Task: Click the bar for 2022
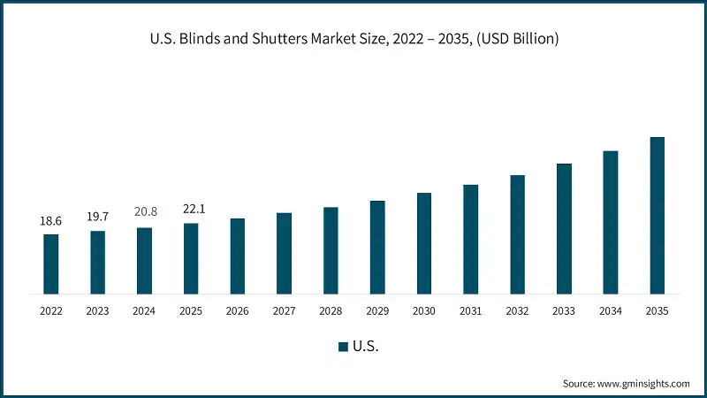(51, 264)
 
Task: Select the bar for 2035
(657, 215)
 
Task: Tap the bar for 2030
(424, 243)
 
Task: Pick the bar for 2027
(284, 253)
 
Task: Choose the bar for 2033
(564, 228)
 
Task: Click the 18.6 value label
(51, 220)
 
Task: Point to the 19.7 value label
(97, 217)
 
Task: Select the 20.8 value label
(144, 213)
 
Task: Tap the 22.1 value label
(191, 209)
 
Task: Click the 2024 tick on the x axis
(144, 311)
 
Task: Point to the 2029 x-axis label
(377, 311)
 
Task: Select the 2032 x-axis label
(517, 311)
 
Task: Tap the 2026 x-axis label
(238, 311)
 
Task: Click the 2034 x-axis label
(611, 311)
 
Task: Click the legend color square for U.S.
(343, 347)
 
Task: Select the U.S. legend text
(366, 347)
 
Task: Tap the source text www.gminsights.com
(644, 384)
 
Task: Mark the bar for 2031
(470, 239)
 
